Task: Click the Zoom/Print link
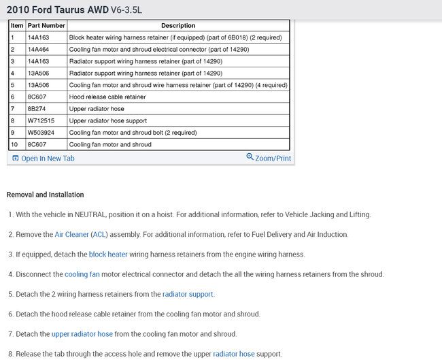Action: [269, 159]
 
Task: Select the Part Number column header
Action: [46, 26]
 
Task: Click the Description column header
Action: [178, 26]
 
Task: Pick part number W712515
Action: [41, 121]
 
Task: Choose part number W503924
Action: [41, 133]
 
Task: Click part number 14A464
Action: [38, 50]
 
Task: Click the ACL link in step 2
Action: [99, 235]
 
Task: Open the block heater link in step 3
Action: [108, 255]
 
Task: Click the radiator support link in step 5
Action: [188, 295]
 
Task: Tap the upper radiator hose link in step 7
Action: [82, 334]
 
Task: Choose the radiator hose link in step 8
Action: [234, 354]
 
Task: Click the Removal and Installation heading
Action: [45, 195]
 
